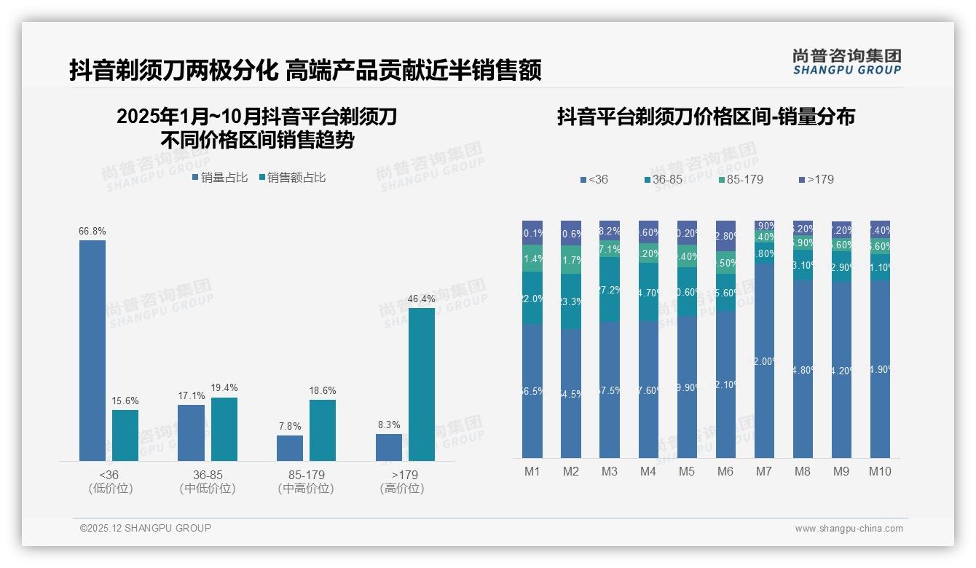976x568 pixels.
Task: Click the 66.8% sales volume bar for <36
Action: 93,350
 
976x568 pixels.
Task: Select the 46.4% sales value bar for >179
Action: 422,384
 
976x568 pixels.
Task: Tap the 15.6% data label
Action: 125,401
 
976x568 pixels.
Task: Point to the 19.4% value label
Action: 224,388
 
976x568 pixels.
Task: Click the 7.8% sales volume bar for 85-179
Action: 290,448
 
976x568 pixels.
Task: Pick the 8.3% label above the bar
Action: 388,425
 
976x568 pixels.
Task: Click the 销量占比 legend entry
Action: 220,177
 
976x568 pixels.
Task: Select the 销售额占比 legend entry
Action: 292,177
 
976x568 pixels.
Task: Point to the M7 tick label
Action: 763,471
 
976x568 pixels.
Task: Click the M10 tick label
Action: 880,471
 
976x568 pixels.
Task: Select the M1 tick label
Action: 532,471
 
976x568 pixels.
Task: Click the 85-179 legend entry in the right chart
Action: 740,179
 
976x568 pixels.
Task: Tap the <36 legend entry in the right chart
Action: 594,179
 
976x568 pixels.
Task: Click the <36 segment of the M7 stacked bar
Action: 764,360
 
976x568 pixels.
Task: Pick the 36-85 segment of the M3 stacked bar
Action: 610,289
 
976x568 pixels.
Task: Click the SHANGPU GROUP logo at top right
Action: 846,61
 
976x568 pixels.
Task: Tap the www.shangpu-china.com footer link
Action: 849,529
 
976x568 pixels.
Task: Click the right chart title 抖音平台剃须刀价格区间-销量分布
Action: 706,117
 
